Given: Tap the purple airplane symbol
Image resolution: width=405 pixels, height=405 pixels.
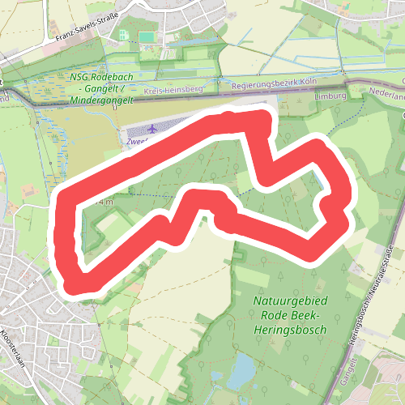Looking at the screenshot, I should (154, 129).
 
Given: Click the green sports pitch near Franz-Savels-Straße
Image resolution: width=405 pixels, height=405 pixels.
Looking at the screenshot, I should (147, 36).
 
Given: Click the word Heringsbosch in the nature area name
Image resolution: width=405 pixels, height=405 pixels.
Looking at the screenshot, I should (290, 330).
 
